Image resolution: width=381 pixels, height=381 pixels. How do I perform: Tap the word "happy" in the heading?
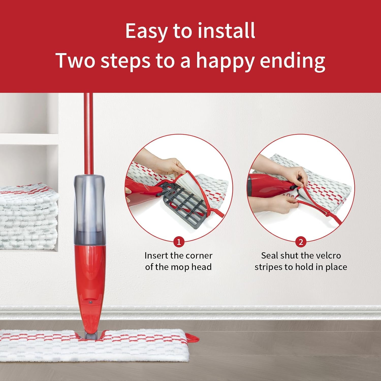pos(225,61)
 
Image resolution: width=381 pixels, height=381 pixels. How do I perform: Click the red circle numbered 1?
pos(179,242)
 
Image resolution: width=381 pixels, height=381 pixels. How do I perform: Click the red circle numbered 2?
pos(301,242)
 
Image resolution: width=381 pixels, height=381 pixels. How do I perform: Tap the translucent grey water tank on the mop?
pos(89,208)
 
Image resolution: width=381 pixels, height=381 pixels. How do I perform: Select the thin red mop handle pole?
pos(88,132)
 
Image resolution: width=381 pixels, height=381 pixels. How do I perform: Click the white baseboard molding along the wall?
pos(229,313)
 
